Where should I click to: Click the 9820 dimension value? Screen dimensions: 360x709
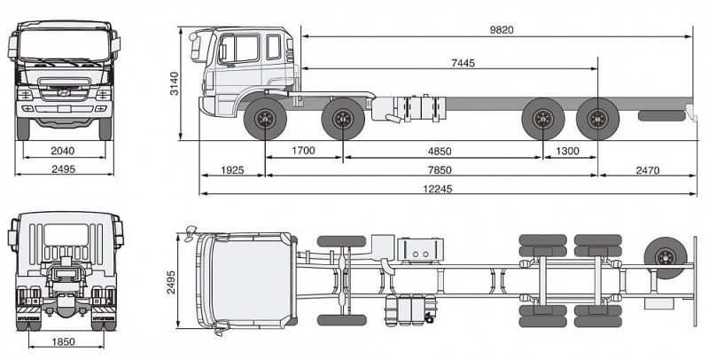501,29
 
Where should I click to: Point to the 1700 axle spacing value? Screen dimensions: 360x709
303,151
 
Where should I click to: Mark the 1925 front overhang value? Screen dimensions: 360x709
231,168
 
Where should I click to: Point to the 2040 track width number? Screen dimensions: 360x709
62,151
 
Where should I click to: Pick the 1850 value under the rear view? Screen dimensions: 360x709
62,341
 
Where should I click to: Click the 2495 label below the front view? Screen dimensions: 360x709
62,168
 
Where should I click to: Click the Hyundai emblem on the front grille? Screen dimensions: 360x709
62,90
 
